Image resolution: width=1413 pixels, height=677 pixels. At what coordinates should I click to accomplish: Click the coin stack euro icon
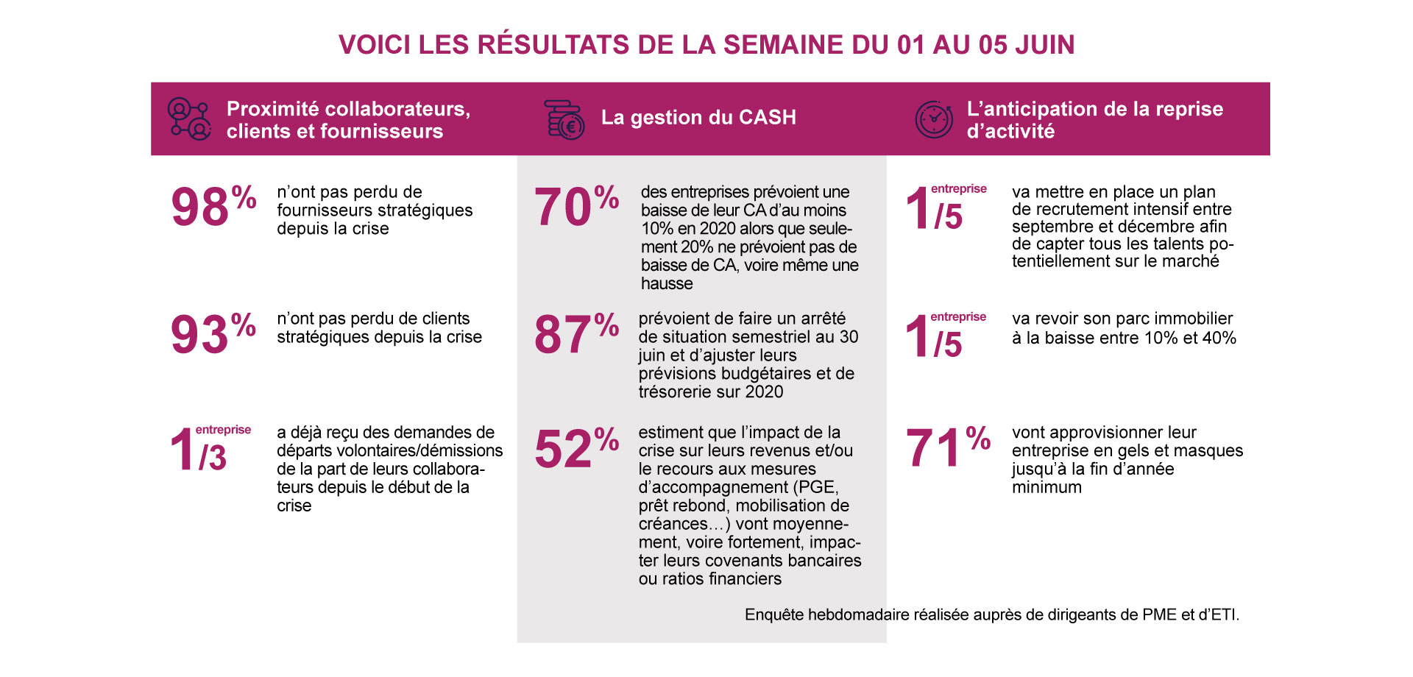[x=564, y=120]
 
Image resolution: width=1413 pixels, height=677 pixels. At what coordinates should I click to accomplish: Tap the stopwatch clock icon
[x=933, y=119]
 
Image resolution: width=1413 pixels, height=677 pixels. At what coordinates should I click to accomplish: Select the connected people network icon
[x=189, y=119]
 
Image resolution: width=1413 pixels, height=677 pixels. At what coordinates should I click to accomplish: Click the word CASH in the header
[x=768, y=118]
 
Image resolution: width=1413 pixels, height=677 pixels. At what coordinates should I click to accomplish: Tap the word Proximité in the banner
[x=273, y=109]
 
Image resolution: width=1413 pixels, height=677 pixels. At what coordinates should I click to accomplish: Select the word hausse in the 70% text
[x=667, y=284]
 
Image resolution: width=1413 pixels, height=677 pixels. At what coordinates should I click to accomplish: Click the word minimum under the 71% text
[x=1047, y=487]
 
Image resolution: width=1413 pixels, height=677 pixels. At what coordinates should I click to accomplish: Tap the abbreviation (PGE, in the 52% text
[x=816, y=487]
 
